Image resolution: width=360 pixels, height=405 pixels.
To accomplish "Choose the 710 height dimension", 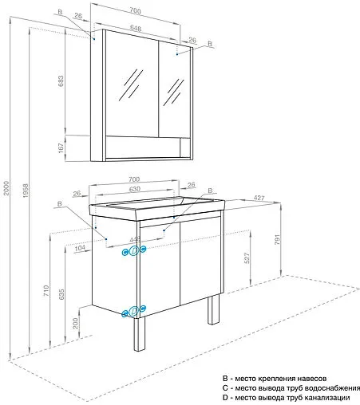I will pos(46,291).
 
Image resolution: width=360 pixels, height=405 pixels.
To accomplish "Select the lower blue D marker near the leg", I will pos(134,312).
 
